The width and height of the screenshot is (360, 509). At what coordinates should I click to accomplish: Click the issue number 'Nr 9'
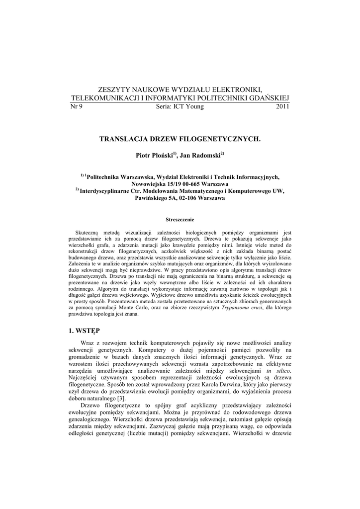[77, 107]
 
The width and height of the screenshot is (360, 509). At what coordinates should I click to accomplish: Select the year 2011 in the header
[282, 107]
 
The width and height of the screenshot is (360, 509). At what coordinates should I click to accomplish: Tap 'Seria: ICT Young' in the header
[180, 107]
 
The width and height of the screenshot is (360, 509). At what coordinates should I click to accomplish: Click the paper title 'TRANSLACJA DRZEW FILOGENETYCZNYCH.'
[180, 140]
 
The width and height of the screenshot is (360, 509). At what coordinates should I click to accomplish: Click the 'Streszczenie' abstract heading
[180, 219]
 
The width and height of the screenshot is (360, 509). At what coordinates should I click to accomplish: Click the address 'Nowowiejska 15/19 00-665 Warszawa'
[180, 184]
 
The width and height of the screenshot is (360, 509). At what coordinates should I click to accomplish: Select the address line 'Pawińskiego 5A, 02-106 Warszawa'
[180, 198]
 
